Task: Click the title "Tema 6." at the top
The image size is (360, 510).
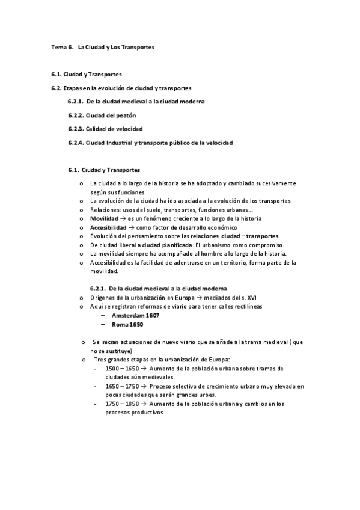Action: click(62, 46)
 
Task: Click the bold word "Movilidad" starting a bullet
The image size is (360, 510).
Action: click(104, 218)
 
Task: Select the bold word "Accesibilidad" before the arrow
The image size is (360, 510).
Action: click(108, 227)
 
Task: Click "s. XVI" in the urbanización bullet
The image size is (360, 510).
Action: click(251, 297)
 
